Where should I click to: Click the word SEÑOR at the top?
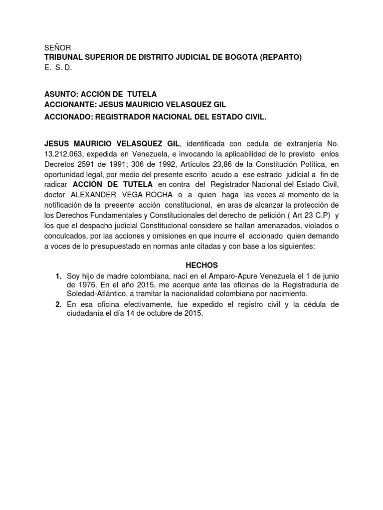click(57, 48)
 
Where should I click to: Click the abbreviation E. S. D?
click(58, 68)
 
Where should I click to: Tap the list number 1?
click(58, 276)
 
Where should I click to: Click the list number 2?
click(58, 304)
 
